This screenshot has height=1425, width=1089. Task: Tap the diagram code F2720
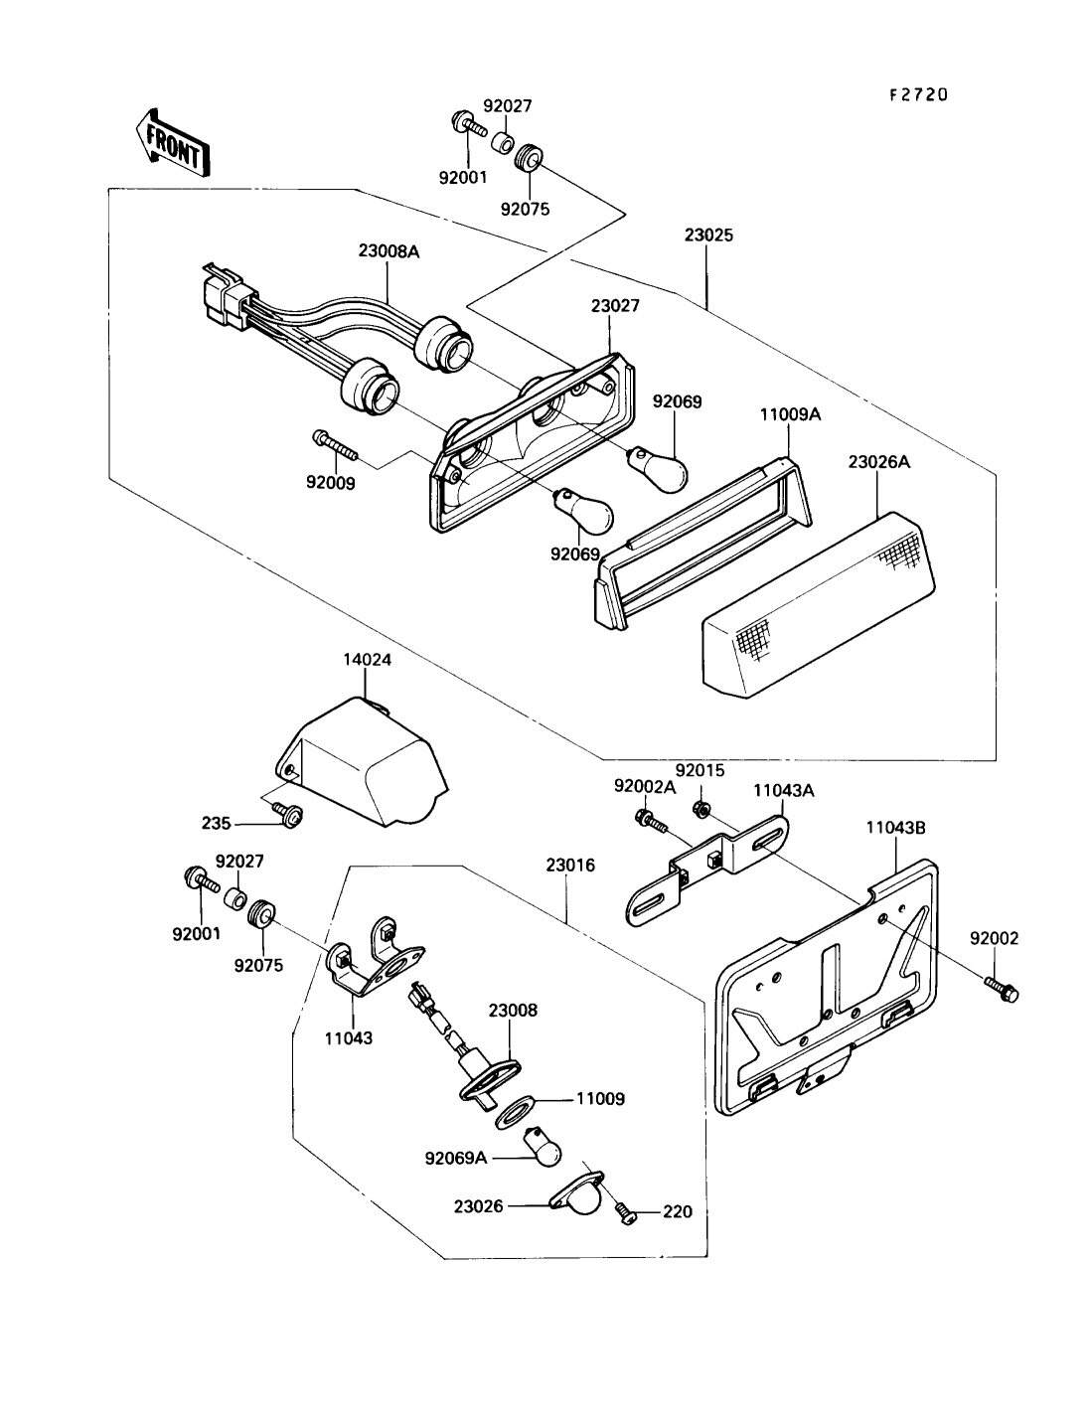[918, 95]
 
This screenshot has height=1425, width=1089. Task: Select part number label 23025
[708, 237]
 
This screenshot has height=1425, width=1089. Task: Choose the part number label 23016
[569, 866]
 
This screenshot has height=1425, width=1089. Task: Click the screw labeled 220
[626, 1212]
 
